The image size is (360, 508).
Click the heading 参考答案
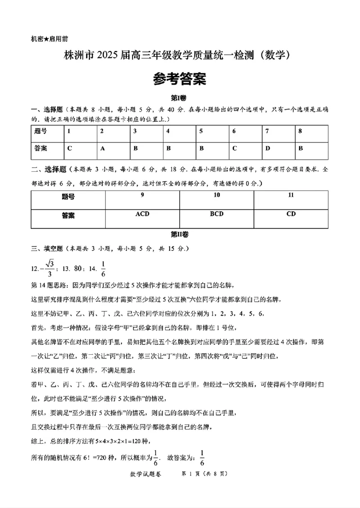pyautogui.click(x=180, y=79)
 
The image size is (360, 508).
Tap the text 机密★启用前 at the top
pyautogui.click(x=49, y=39)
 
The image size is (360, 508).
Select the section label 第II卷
pyautogui.click(x=180, y=235)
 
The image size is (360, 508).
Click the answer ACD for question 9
pyautogui.click(x=142, y=214)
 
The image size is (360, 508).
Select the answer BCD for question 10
pyautogui.click(x=216, y=214)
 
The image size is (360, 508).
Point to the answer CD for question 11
pyautogui.click(x=291, y=214)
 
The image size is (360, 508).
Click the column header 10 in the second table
pyautogui.click(x=216, y=195)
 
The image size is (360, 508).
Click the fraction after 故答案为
pyautogui.click(x=202, y=457)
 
